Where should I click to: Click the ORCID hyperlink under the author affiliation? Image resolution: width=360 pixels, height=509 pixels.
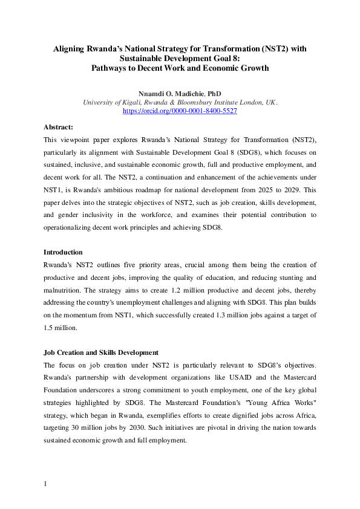click(180, 111)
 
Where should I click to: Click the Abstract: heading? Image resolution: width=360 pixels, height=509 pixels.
click(58, 127)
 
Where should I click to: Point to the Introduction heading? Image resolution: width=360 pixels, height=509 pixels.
click(64, 252)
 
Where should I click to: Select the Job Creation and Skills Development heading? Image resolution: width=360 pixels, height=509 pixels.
click(100, 352)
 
